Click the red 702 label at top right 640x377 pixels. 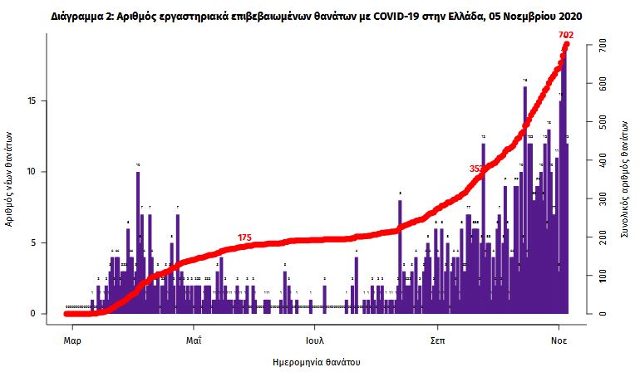(566, 35)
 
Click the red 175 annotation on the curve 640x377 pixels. (244, 237)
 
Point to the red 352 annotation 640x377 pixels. (477, 169)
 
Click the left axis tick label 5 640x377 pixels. (33, 243)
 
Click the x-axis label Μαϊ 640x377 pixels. (194, 340)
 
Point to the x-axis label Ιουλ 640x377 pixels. (314, 340)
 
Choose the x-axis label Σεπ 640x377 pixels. (436, 340)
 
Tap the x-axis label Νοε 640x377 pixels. (559, 340)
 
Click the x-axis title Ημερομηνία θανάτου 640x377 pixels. (317, 363)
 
